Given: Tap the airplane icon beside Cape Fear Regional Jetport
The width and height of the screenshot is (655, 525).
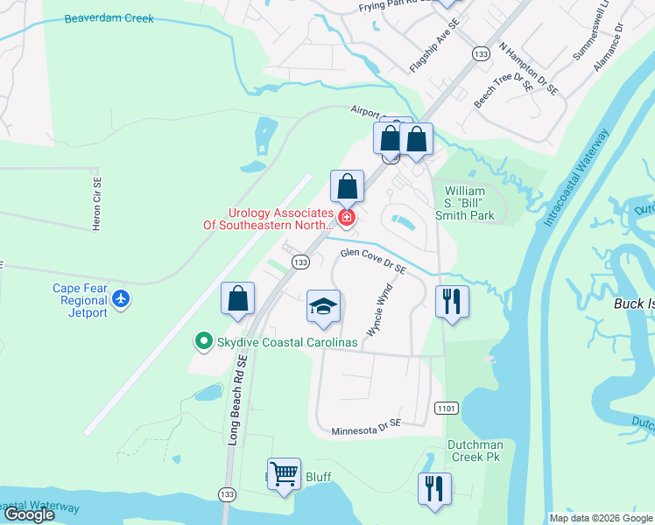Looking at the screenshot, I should pos(121,300).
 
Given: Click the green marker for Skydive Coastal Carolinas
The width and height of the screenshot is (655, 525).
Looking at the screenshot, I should pos(203,342).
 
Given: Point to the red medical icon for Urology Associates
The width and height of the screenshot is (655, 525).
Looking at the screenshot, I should pos(348,218).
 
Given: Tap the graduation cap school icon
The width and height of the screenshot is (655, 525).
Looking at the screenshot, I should pos(323,306).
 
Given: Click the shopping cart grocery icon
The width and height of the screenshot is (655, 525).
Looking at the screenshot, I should pos(284,474).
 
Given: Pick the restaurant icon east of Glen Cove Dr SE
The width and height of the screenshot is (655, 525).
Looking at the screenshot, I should pos(452,301).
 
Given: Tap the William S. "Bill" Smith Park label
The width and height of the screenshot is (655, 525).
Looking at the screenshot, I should pos(469,203).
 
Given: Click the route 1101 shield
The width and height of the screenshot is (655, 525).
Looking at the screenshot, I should pos(445,408).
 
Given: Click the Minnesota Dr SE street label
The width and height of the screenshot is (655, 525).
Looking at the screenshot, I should pos(366,431).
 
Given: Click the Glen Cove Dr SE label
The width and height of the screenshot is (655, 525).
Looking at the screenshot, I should pos(373,260).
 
